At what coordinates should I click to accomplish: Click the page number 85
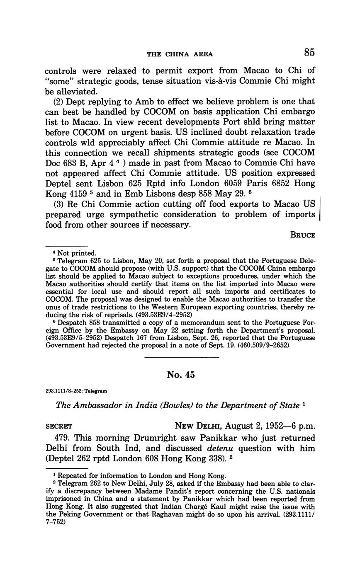pos(309,52)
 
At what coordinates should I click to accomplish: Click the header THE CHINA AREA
pos(180,54)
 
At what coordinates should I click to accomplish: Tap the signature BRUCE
pos(303,235)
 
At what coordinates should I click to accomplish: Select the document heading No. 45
pos(180,375)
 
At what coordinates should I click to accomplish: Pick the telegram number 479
pos(63,438)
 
